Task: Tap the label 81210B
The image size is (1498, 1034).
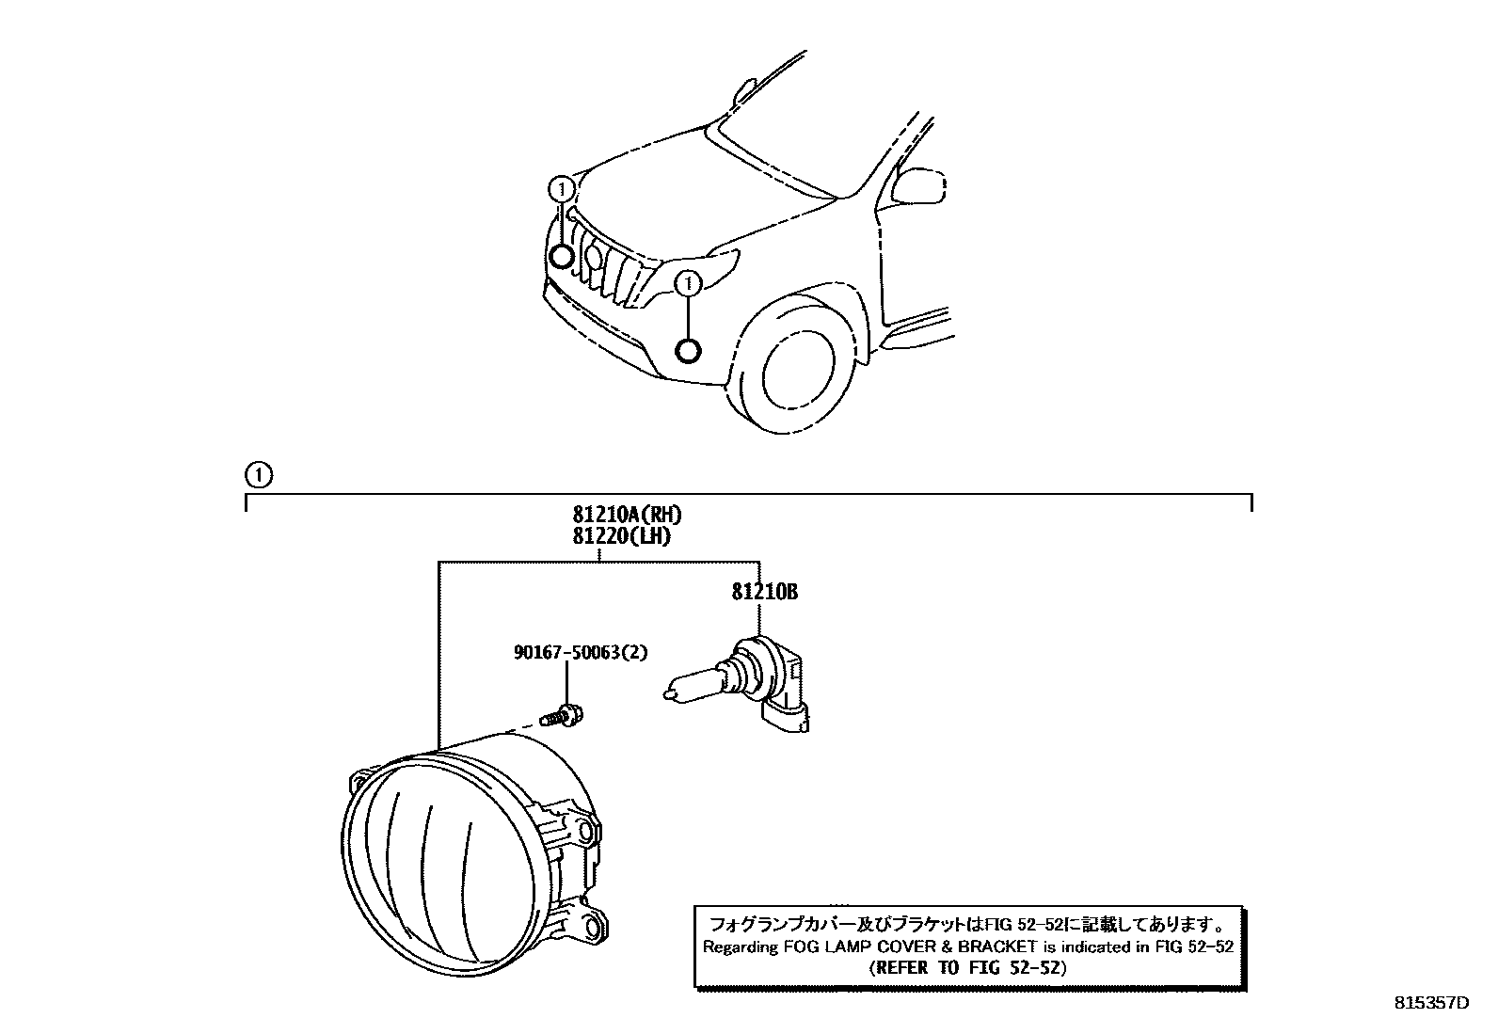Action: click(765, 592)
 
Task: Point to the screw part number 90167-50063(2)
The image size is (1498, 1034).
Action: click(581, 652)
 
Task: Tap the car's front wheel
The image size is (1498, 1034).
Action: click(798, 372)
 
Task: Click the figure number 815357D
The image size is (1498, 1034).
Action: click(1431, 1003)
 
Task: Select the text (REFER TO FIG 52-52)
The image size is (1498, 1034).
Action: click(967, 967)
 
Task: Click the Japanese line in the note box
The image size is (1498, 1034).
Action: click(967, 923)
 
